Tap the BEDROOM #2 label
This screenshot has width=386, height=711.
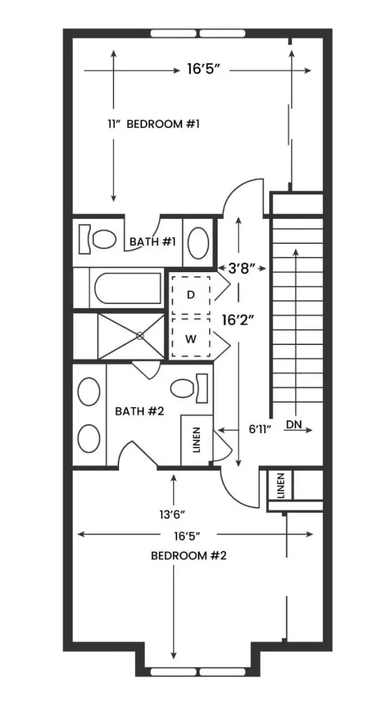coord(188,556)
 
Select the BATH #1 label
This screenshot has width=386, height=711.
coord(153,242)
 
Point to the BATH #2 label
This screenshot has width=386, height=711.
coord(136,412)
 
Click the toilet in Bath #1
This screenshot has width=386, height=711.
coord(98,239)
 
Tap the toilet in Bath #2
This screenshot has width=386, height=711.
coord(190,388)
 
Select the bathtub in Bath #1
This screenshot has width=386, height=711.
coord(128,288)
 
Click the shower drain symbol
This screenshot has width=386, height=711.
coord(140,336)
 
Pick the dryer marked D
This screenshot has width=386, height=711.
coord(191,294)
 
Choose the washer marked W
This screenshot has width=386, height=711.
coord(191,338)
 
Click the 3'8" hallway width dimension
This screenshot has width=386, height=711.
coord(241,268)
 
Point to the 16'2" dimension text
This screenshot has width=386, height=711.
coord(238,320)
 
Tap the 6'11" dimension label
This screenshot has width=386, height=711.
coord(261,429)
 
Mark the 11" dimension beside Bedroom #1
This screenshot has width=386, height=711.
coord(113,124)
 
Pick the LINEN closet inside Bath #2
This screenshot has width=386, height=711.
coord(196,440)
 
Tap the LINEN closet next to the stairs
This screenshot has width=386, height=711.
coord(281,486)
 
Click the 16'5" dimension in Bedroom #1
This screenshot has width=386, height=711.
coord(203,70)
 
